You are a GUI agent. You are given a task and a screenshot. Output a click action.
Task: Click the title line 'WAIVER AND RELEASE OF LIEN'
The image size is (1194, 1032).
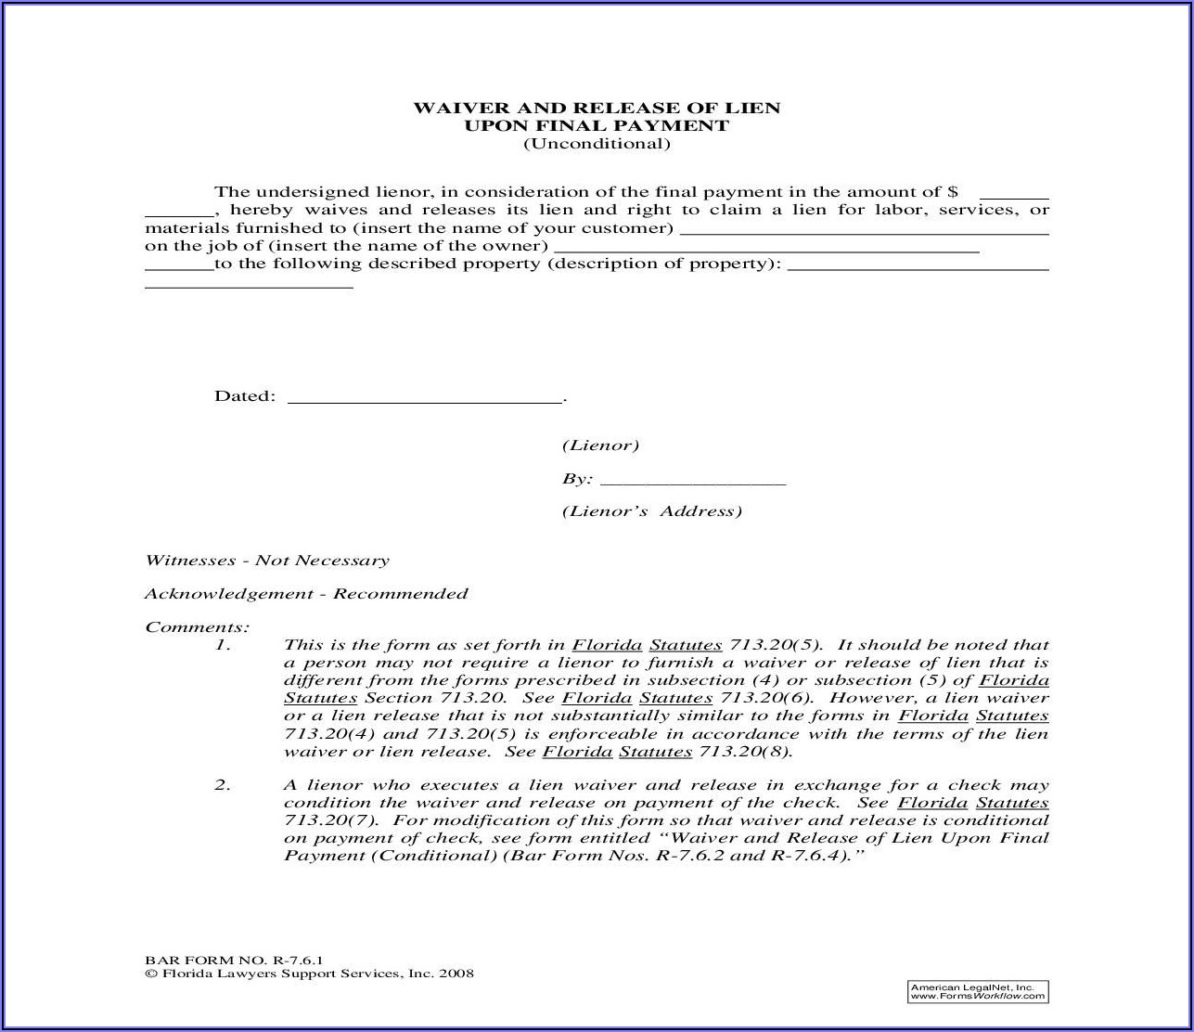tap(597, 108)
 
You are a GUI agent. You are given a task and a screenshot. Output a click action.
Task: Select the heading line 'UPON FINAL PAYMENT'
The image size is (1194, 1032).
tap(597, 125)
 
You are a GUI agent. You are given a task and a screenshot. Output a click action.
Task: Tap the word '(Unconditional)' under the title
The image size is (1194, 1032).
tap(597, 143)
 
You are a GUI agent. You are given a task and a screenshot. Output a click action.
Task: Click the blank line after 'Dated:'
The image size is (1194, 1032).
tap(426, 399)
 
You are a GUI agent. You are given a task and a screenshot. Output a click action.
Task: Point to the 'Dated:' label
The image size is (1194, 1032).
tap(245, 396)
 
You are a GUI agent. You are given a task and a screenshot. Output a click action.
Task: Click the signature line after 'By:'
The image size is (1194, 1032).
tap(693, 482)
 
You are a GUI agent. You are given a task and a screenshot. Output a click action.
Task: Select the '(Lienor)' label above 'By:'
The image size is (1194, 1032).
tap(600, 445)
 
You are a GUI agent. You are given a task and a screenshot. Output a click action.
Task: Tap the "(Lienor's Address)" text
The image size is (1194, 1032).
tap(651, 511)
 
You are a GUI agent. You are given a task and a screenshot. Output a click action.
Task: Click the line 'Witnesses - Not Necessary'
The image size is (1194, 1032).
tap(267, 561)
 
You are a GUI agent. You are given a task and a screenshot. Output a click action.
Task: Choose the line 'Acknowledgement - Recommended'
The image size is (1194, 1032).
tap(306, 594)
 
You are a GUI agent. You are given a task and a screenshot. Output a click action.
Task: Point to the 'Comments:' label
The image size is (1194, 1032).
tap(198, 626)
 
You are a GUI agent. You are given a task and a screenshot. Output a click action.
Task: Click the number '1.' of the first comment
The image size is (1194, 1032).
tap(223, 645)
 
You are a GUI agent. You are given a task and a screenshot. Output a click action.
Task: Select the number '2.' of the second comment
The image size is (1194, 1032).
tap(223, 785)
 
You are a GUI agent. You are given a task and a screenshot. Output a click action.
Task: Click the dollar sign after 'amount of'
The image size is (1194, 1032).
tap(953, 192)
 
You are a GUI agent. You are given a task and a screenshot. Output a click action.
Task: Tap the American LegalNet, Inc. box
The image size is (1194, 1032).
tap(977, 991)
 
